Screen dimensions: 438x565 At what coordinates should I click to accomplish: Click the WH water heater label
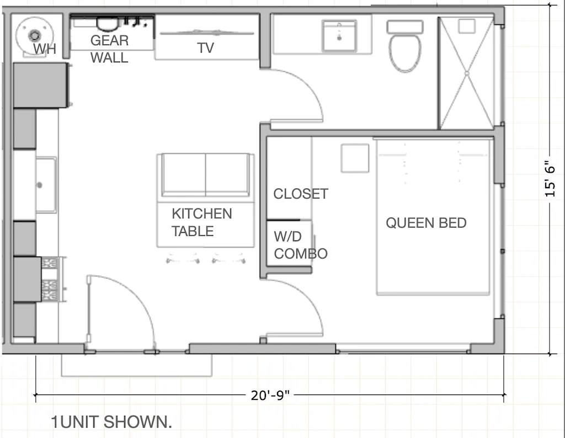[44, 49]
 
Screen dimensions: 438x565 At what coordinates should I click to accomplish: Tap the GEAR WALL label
[109, 49]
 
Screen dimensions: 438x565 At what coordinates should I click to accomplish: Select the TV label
[205, 49]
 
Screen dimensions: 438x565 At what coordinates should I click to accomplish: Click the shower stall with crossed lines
[466, 73]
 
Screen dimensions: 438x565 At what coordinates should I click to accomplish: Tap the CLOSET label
[301, 194]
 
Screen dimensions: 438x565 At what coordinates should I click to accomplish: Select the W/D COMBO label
[300, 245]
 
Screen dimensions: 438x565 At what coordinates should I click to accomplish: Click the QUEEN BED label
[426, 223]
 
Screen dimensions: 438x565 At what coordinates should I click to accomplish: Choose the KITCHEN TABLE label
[201, 222]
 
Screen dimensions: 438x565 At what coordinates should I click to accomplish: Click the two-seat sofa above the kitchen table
[206, 175]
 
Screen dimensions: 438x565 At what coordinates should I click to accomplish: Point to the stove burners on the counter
[50, 279]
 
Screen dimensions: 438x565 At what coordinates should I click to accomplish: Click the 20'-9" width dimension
[270, 395]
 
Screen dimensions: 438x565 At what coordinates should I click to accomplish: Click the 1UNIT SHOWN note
[111, 423]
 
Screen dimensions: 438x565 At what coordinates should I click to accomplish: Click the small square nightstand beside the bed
[355, 158]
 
